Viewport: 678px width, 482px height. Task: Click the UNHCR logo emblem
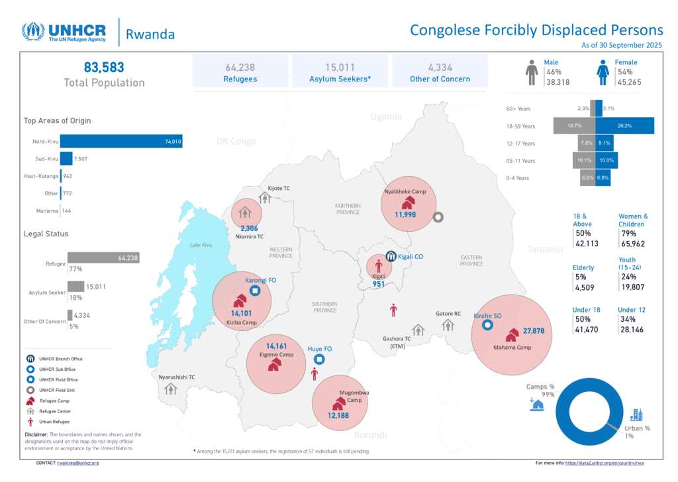[x=33, y=32]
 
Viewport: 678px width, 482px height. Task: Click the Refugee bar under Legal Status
[x=103, y=258]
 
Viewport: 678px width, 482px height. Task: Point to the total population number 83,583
[x=104, y=67]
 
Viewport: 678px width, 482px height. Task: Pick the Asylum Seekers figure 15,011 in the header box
[x=341, y=67]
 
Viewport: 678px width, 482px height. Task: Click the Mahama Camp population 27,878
[x=534, y=330]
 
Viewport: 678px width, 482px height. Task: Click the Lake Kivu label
[x=201, y=245]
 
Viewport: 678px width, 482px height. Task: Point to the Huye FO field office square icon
[x=319, y=360]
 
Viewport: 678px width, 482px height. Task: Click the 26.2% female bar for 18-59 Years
[x=624, y=125]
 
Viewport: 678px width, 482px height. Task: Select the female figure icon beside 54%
[x=603, y=73]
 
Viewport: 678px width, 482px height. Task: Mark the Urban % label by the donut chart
[x=638, y=428]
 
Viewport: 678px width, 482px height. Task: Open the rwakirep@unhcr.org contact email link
[x=77, y=463]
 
